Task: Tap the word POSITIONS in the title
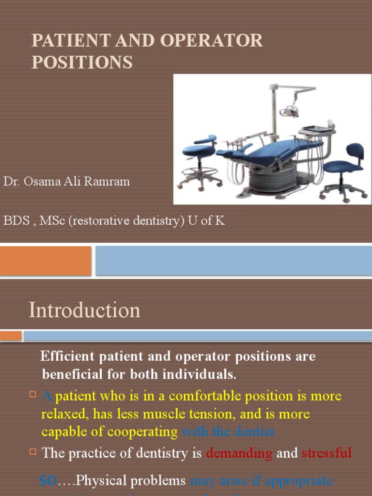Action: pos(82,62)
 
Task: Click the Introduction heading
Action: pos(85,310)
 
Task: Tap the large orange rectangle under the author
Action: pos(46,261)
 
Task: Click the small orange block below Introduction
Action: pos(11,336)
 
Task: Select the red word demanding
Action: pos(239,453)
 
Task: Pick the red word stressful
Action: pos(326,453)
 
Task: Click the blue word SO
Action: pos(48,480)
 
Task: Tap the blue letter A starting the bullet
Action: pos(47,396)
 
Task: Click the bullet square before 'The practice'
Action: pos(33,452)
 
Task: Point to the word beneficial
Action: pos(73,374)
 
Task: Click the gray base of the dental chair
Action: pos(274,179)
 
